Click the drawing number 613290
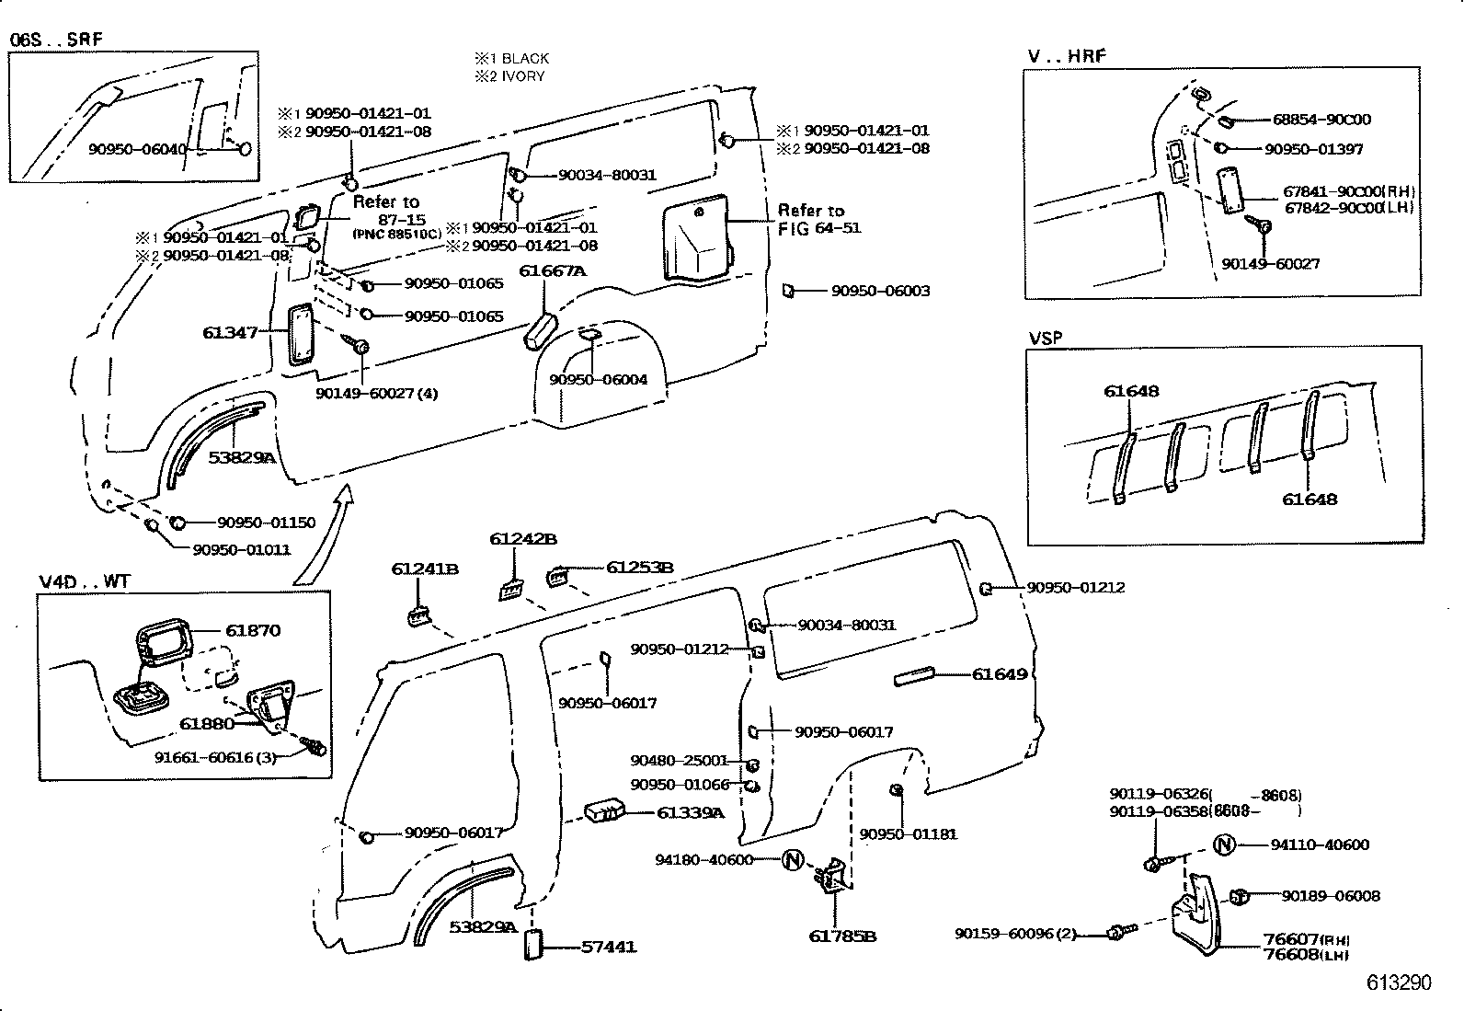point(1399,982)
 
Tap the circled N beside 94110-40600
point(1223,844)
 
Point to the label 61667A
point(553,271)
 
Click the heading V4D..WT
point(85,582)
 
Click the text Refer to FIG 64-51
point(818,219)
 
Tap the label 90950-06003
point(880,291)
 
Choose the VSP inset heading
point(1045,338)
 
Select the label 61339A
point(691,812)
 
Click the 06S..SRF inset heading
point(56,40)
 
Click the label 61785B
point(842,936)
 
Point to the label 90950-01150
point(266,523)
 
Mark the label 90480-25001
point(679,761)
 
